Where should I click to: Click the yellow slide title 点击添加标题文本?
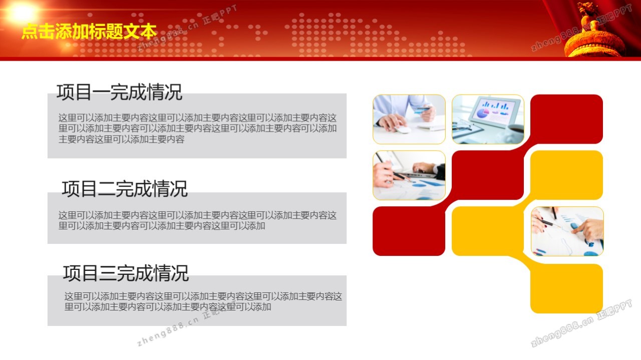tap(89, 31)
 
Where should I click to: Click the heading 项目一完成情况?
tap(119, 92)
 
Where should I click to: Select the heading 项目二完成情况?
tap(125, 189)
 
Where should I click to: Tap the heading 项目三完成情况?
tap(126, 273)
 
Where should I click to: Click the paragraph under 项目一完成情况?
tap(197, 129)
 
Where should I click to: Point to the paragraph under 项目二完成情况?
tap(197, 220)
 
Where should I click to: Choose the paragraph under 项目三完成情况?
tap(203, 301)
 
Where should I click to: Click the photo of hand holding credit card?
tap(409, 119)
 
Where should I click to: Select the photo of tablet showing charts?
tap(488, 119)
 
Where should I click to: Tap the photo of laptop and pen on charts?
tap(409, 175)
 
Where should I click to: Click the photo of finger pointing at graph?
tap(567, 231)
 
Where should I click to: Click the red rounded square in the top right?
tap(566, 119)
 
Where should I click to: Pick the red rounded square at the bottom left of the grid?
tap(409, 231)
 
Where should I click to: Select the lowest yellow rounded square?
tap(566, 288)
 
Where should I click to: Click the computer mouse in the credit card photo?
tap(403, 130)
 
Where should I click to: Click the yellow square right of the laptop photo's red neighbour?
tap(566, 175)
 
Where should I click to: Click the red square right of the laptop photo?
tap(488, 175)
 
